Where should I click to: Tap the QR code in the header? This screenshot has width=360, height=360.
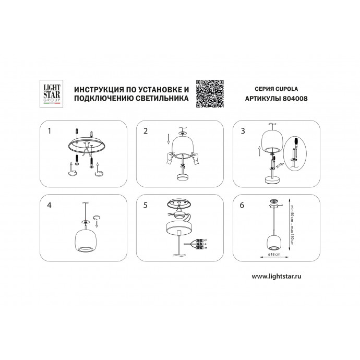click(x=210, y=93)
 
